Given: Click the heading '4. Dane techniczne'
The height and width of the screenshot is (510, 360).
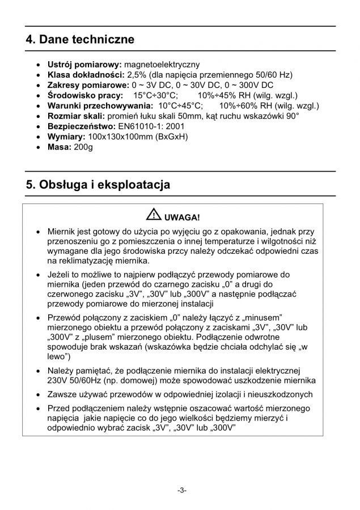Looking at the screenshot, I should tap(80, 40).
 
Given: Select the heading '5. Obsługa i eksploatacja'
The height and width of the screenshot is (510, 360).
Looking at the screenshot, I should tap(98, 185).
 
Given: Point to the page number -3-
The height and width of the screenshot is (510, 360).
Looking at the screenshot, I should tap(180, 489).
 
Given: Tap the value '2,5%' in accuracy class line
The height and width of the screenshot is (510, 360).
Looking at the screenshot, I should tap(137, 75).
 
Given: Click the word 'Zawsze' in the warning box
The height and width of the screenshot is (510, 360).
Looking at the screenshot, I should tap(63, 394).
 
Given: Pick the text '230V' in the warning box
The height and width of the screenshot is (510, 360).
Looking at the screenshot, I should tap(58, 380).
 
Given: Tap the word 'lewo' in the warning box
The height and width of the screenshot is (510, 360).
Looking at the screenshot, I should tap(57, 357).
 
